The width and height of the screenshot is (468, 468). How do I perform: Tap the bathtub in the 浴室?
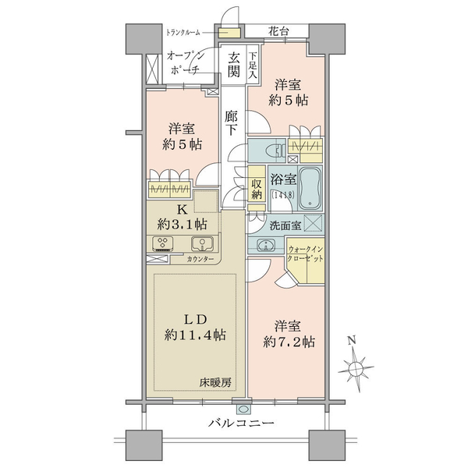click(x=310, y=188)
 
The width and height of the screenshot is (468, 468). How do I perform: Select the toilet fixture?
click(x=276, y=151)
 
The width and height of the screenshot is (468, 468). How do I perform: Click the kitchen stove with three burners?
click(x=163, y=243)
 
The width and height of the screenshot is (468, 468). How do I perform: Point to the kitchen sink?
click(x=202, y=243)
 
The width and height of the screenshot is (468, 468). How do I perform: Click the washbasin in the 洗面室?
click(x=265, y=246)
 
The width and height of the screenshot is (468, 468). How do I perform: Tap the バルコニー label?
click(x=241, y=423)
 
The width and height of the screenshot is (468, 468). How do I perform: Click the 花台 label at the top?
click(x=278, y=31)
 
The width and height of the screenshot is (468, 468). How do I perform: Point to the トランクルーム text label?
click(x=183, y=32)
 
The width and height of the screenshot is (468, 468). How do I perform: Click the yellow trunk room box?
click(x=229, y=33)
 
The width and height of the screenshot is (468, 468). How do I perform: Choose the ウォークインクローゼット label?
click(x=305, y=253)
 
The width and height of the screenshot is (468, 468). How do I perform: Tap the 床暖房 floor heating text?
click(x=215, y=382)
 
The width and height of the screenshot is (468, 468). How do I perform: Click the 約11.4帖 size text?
click(x=195, y=335)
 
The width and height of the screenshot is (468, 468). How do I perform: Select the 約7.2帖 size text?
click(x=289, y=342)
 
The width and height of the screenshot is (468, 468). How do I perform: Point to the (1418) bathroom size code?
click(x=282, y=195)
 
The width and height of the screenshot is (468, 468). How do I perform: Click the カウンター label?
click(x=200, y=259)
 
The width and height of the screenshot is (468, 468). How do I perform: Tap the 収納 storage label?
click(x=257, y=189)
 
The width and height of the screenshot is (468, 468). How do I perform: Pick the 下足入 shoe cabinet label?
click(x=253, y=65)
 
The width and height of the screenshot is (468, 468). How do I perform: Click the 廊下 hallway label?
click(x=231, y=122)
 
